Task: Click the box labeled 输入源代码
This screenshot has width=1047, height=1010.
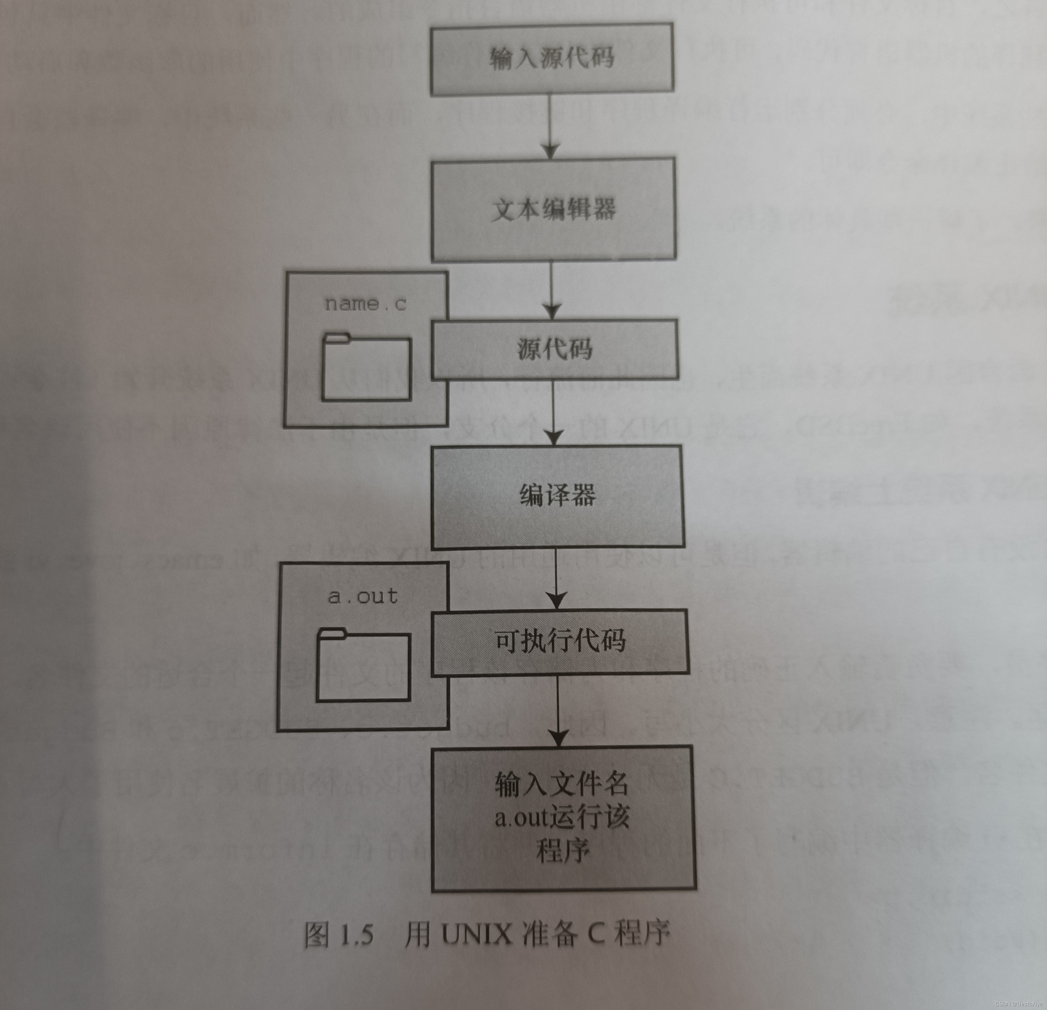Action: pyautogui.click(x=552, y=59)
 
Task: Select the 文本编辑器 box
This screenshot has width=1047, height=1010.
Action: pyautogui.click(x=553, y=209)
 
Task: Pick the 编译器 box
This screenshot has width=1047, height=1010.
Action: pyautogui.click(x=557, y=496)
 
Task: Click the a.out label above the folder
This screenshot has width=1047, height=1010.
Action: pyautogui.click(x=363, y=596)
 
